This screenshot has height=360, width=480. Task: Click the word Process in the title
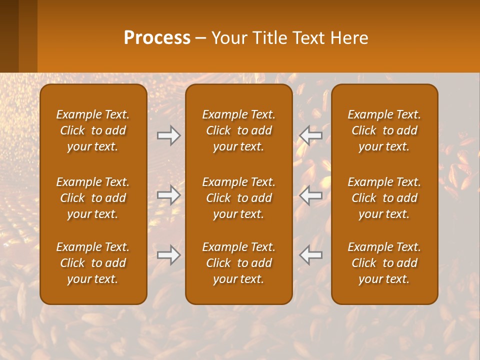pyautogui.click(x=157, y=38)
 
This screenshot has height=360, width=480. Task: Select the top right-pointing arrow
pyautogui.click(x=169, y=135)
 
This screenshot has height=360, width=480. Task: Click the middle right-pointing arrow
pyautogui.click(x=169, y=195)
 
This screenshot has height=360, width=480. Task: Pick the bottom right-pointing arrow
pyautogui.click(x=169, y=255)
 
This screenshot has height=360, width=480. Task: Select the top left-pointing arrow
pyautogui.click(x=310, y=135)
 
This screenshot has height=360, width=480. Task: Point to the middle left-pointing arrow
pyautogui.click(x=310, y=195)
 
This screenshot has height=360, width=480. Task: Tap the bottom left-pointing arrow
pyautogui.click(x=310, y=255)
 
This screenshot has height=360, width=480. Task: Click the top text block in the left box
pyautogui.click(x=93, y=130)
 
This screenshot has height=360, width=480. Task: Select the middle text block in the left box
pyautogui.click(x=93, y=198)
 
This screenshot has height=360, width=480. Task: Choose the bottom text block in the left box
pyautogui.click(x=93, y=263)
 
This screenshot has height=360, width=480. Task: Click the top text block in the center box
pyautogui.click(x=239, y=130)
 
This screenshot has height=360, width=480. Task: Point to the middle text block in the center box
pyautogui.click(x=239, y=198)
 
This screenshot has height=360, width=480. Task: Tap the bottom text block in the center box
pyautogui.click(x=239, y=263)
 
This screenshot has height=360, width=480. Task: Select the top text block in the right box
pyautogui.click(x=384, y=130)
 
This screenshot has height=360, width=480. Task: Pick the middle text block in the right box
pyautogui.click(x=384, y=198)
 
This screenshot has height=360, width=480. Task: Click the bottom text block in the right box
pyautogui.click(x=384, y=263)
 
